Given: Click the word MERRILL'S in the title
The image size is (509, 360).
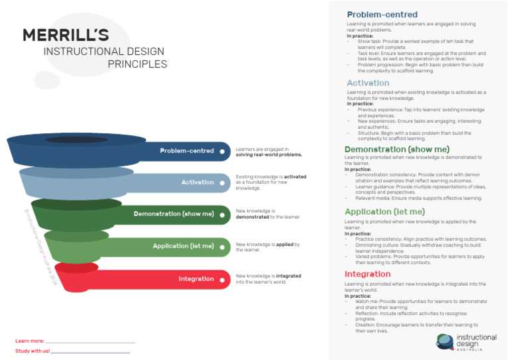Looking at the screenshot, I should [66, 35].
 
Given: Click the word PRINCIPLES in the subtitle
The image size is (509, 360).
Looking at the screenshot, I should [137, 64].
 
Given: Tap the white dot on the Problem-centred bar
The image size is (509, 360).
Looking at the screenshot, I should [222, 151].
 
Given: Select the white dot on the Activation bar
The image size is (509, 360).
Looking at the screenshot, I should [222, 182].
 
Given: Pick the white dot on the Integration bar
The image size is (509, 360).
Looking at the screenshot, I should [222, 279].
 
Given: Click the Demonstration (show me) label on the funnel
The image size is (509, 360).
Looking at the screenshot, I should [174, 214].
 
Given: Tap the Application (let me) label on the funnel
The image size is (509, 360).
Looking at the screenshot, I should [183, 246].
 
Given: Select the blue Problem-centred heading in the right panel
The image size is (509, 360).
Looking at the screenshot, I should [382, 15].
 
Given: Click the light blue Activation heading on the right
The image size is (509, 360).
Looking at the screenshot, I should [368, 83].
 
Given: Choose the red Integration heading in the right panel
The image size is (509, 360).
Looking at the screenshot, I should [367, 274].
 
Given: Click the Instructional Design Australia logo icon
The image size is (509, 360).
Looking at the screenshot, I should [445, 341].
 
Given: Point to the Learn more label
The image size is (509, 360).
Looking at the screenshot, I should [28, 341].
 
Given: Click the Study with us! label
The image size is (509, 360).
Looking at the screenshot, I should [32, 350].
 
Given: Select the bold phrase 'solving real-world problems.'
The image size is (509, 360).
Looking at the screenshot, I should [268, 154].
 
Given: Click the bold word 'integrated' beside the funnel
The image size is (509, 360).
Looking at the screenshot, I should [288, 276].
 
